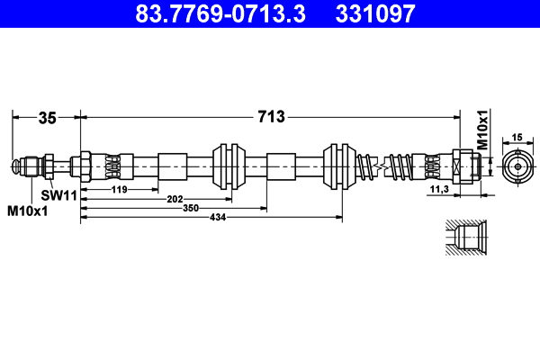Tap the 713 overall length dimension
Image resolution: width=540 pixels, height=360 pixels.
[x=271, y=116]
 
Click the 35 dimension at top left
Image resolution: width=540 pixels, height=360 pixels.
[x=47, y=116]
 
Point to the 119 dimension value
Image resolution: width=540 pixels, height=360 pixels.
[x=119, y=190]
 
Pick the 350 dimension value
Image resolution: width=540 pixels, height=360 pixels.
[x=189, y=208]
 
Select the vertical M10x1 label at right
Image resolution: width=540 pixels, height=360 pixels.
[x=482, y=130]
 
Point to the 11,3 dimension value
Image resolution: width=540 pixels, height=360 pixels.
[x=440, y=190]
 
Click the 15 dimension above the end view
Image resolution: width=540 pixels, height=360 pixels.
[x=517, y=137]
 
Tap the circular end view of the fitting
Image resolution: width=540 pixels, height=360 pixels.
[x=517, y=167]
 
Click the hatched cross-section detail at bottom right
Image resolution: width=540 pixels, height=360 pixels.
[x=466, y=238]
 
